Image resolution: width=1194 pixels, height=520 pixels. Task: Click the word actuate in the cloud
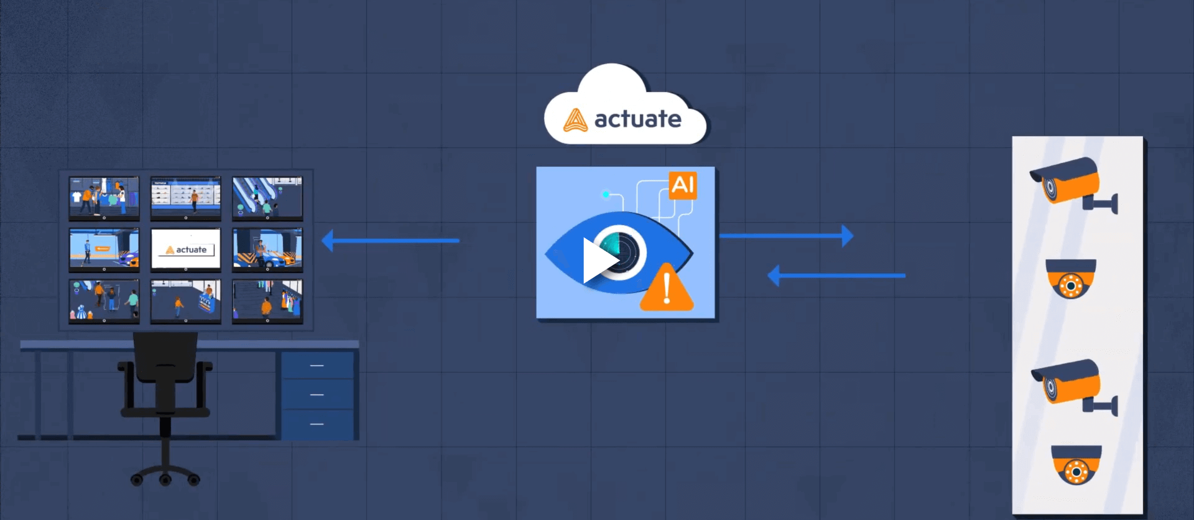click(637, 119)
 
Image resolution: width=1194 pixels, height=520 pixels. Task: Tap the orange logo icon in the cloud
click(575, 120)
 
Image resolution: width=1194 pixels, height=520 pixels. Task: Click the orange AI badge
click(683, 185)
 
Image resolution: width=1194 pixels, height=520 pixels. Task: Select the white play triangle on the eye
click(598, 260)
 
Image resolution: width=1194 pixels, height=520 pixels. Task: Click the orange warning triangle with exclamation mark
click(667, 289)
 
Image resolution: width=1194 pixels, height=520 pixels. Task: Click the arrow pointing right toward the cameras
click(786, 236)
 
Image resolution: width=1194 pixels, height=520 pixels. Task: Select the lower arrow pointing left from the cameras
click(836, 275)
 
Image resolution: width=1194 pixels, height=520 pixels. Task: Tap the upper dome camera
click(1070, 279)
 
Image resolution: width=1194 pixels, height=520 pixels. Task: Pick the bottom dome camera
click(1076, 464)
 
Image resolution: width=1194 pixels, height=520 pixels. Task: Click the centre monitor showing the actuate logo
click(186, 249)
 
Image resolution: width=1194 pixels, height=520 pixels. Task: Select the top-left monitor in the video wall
click(104, 197)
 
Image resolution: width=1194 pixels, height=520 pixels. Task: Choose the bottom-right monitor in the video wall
click(267, 300)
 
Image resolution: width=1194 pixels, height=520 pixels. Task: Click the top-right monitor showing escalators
click(267, 197)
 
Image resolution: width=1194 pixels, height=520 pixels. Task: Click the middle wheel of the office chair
click(165, 480)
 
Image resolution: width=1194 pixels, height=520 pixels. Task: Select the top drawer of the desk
click(317, 365)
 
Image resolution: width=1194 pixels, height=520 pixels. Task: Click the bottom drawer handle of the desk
click(317, 424)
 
